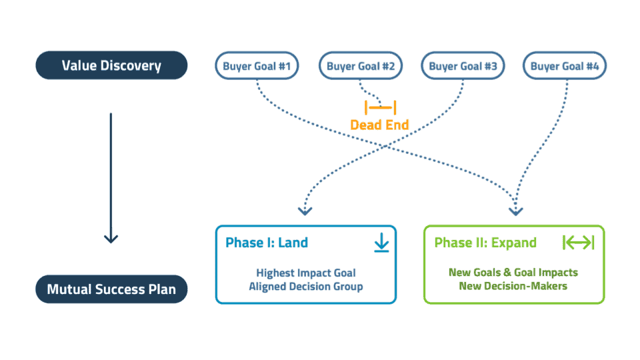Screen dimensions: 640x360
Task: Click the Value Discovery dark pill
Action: tap(111, 65)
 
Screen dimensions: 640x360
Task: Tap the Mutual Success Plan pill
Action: tap(111, 289)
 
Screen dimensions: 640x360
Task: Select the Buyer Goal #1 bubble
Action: tap(257, 66)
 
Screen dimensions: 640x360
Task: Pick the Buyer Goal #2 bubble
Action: tap(361, 66)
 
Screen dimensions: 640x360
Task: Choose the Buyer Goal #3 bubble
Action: tap(463, 66)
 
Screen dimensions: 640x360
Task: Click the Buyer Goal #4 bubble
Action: tap(565, 66)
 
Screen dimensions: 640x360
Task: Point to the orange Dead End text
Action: tap(379, 125)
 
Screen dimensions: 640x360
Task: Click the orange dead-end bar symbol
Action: tap(381, 107)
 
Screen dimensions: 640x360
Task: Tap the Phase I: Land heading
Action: tap(267, 243)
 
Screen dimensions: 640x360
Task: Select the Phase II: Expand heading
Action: tap(485, 243)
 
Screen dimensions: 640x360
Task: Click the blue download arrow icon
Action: tap(381, 243)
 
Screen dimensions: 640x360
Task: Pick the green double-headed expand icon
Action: tap(579, 243)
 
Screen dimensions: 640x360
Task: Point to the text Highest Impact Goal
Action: tap(306, 273)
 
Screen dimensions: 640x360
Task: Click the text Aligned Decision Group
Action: tap(306, 287)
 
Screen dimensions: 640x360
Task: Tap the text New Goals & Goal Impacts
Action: tap(513, 272)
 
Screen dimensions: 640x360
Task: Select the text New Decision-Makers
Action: tap(513, 286)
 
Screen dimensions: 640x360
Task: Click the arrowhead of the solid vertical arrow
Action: tap(111, 239)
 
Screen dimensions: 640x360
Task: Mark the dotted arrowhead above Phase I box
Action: tap(305, 211)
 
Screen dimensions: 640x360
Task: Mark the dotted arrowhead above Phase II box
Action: tap(516, 211)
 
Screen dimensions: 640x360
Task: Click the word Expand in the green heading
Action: tap(514, 243)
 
